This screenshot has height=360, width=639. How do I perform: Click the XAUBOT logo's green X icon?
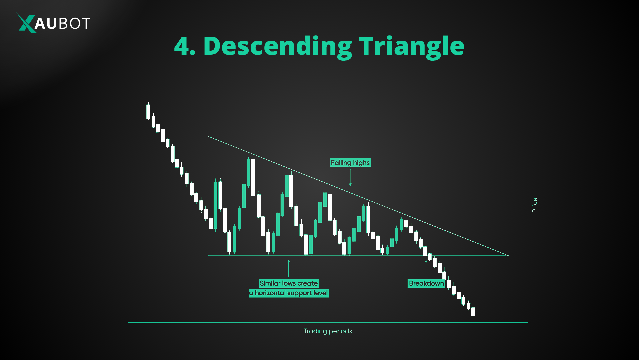point(26,23)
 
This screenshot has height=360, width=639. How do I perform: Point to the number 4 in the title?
point(182,46)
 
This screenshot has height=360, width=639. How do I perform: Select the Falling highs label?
point(350,163)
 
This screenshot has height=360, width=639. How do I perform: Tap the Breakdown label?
point(426,283)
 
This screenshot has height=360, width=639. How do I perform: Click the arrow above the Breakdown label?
point(426,268)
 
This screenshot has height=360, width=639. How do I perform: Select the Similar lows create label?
point(289,283)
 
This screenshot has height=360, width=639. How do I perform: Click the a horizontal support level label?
point(289,293)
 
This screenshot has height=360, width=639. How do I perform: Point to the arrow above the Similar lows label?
point(289,268)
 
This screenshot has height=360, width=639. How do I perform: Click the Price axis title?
point(535,205)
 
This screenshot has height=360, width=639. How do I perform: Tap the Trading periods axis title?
point(328,331)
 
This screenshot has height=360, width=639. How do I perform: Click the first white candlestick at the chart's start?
point(148,112)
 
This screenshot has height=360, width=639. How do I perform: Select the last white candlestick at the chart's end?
point(473,312)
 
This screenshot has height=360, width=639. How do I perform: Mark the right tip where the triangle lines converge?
point(508,255)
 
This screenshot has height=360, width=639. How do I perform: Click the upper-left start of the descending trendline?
point(209,137)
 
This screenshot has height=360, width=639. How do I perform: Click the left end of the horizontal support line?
point(209,256)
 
